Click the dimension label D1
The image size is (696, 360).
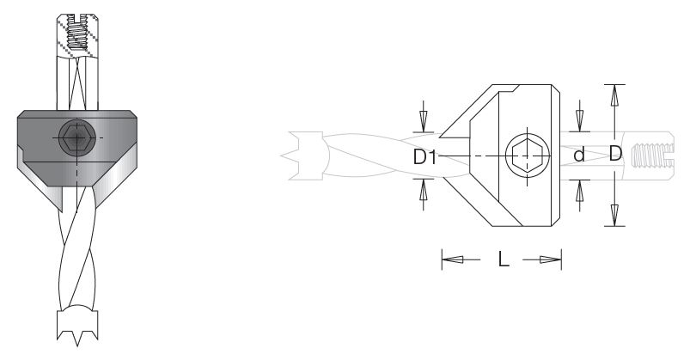pos(425,156)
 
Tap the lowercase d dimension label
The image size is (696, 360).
pos(579,155)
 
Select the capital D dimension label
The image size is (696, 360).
pos(615,154)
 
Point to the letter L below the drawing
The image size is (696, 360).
pos(504,259)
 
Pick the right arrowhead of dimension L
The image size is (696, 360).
pos(551,259)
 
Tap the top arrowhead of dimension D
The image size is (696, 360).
pos(614,95)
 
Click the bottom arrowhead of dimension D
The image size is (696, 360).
pos(614,215)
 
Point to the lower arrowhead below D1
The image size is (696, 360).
pos(423,190)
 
